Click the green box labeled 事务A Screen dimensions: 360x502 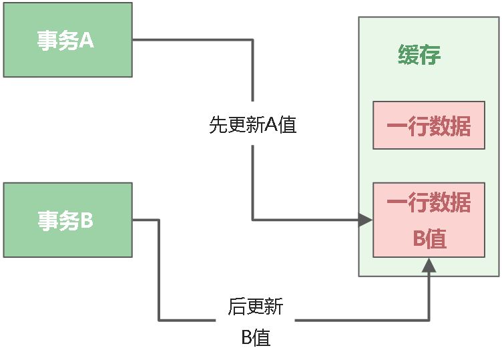click(x=67, y=40)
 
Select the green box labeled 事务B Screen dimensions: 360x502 click(x=67, y=220)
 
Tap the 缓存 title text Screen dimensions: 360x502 click(x=419, y=55)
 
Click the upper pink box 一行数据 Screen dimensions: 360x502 click(x=429, y=125)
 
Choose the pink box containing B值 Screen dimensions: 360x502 click(x=429, y=220)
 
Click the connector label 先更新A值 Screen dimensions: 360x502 click(x=252, y=125)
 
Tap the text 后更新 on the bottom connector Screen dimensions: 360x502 click(x=256, y=307)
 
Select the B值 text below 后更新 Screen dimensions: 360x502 click(x=256, y=337)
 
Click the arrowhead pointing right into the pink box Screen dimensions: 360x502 click(x=365, y=220)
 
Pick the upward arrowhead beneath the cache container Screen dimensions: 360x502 click(x=429, y=265)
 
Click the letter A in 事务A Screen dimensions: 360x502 click(x=87, y=40)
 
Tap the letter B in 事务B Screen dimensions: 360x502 click(x=87, y=220)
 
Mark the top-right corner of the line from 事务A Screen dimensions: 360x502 click(x=252, y=40)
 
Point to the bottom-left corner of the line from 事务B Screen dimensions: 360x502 click(x=159, y=320)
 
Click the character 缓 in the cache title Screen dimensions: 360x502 click(x=409, y=55)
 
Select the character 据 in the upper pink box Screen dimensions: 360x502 click(x=461, y=126)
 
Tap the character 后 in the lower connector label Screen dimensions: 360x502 click(x=237, y=307)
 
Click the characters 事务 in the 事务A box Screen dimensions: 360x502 click(x=57, y=40)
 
